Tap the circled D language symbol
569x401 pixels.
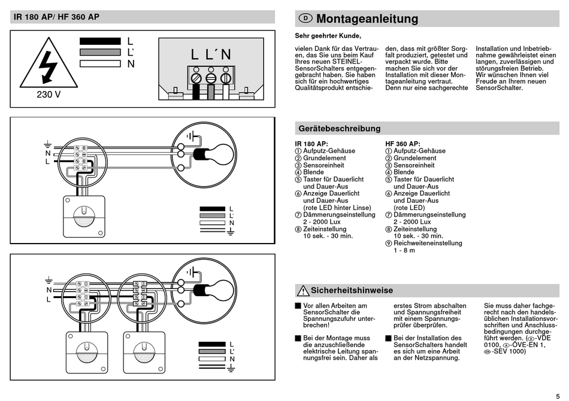305,19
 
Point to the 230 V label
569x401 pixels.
49,95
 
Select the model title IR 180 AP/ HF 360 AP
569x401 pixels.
57,17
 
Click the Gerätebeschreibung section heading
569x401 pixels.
339,129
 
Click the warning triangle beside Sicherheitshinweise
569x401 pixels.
302,291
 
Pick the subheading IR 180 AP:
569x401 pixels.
311,144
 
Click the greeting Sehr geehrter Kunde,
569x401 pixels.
328,37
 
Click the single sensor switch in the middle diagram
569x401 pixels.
84,217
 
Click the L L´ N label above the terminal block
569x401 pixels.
210,54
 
